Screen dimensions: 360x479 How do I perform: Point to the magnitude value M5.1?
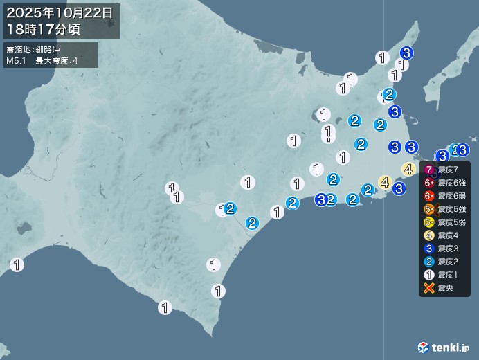17,61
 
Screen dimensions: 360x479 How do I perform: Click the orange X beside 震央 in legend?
429,288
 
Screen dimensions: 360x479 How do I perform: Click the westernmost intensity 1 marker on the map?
17,264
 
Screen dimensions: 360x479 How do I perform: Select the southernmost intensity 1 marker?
165,307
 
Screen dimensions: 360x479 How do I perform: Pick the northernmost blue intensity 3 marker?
406,53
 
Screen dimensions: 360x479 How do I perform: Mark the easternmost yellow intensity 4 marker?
408,168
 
